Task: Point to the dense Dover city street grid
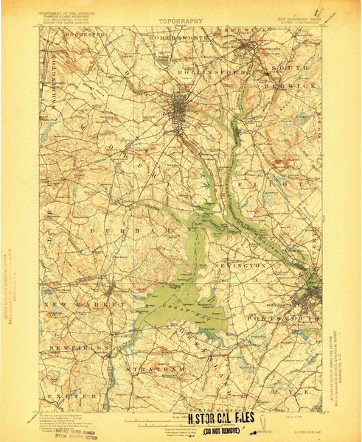[181, 110]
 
